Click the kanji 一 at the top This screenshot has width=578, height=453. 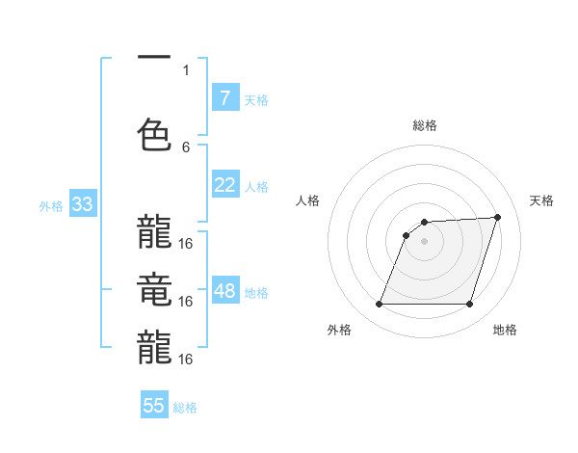154,57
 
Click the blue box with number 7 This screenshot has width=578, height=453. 224,98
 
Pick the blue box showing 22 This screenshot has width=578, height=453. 224,185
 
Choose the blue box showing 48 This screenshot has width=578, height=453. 224,291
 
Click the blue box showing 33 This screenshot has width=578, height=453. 81,204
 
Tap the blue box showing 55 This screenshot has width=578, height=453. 154,406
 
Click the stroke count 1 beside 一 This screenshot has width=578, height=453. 186,69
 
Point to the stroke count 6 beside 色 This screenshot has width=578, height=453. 186,147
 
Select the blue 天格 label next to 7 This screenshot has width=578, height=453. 256,99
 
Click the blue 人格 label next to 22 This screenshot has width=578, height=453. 256,186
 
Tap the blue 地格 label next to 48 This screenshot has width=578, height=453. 256,292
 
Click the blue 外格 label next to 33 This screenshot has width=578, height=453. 51,205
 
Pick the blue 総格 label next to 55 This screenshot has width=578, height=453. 185,407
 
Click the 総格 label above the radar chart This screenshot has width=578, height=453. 424,126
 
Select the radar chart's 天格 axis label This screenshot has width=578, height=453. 542,200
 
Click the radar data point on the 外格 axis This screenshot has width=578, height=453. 379,305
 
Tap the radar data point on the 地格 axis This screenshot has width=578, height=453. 469,305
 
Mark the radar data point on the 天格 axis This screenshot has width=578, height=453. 497,218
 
